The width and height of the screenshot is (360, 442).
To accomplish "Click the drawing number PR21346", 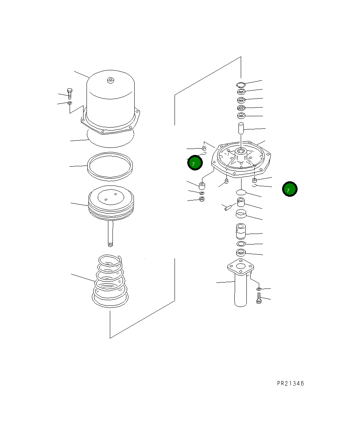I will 290,384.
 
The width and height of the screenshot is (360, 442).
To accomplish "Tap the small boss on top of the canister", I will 110,80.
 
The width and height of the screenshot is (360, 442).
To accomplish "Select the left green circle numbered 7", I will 195,163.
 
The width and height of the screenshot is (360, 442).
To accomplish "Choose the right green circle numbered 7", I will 290,189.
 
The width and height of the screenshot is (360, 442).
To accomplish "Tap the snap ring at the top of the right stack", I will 241,84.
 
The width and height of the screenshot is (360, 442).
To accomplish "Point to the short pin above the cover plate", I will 241,128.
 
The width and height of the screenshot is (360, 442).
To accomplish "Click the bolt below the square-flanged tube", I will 259,299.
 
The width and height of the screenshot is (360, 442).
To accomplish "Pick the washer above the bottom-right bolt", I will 259,289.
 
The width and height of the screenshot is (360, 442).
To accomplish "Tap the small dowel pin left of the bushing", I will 228,207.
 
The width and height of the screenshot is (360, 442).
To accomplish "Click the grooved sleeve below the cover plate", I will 240,231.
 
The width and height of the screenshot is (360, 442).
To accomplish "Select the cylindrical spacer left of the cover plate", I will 202,185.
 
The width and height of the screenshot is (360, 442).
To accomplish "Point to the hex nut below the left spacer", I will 202,199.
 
